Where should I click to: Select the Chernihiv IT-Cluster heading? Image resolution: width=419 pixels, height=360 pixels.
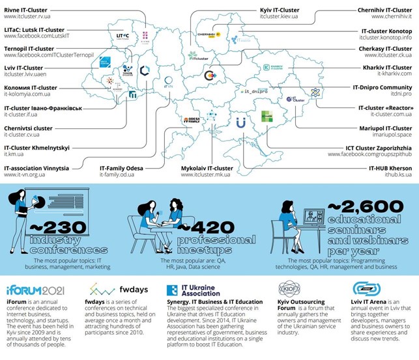tap(384, 10)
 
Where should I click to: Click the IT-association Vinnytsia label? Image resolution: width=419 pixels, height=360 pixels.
tap(36, 167)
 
